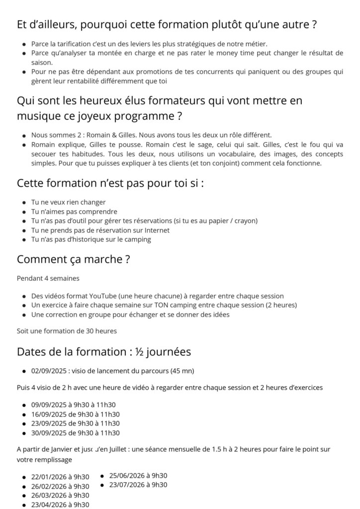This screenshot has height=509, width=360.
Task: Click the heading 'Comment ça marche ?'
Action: pyautogui.click(x=74, y=259)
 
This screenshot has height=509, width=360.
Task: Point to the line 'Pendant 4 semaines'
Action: pyautogui.click(x=48, y=278)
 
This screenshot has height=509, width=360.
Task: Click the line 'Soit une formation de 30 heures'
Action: pyautogui.click(x=67, y=331)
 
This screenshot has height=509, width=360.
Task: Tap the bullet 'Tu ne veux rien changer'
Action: pyautogui.click(x=68, y=202)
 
